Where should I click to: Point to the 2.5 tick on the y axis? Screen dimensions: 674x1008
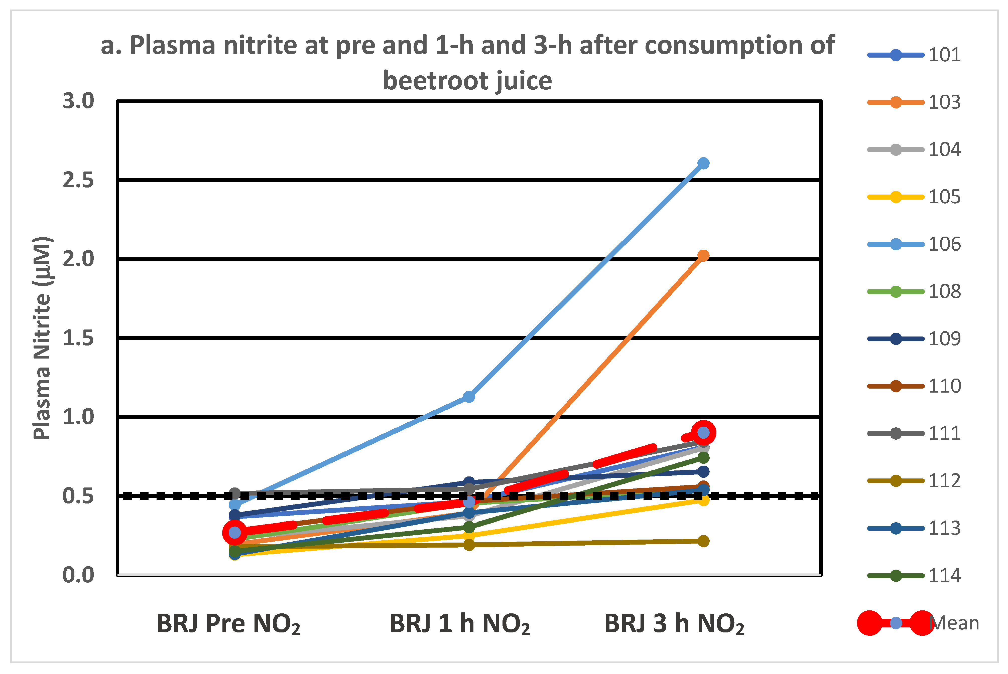pos(78,180)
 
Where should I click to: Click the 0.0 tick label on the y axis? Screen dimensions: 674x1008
pos(78,575)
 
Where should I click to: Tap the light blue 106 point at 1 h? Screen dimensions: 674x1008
pos(469,396)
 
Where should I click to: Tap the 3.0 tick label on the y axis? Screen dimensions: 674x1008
pos(78,101)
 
